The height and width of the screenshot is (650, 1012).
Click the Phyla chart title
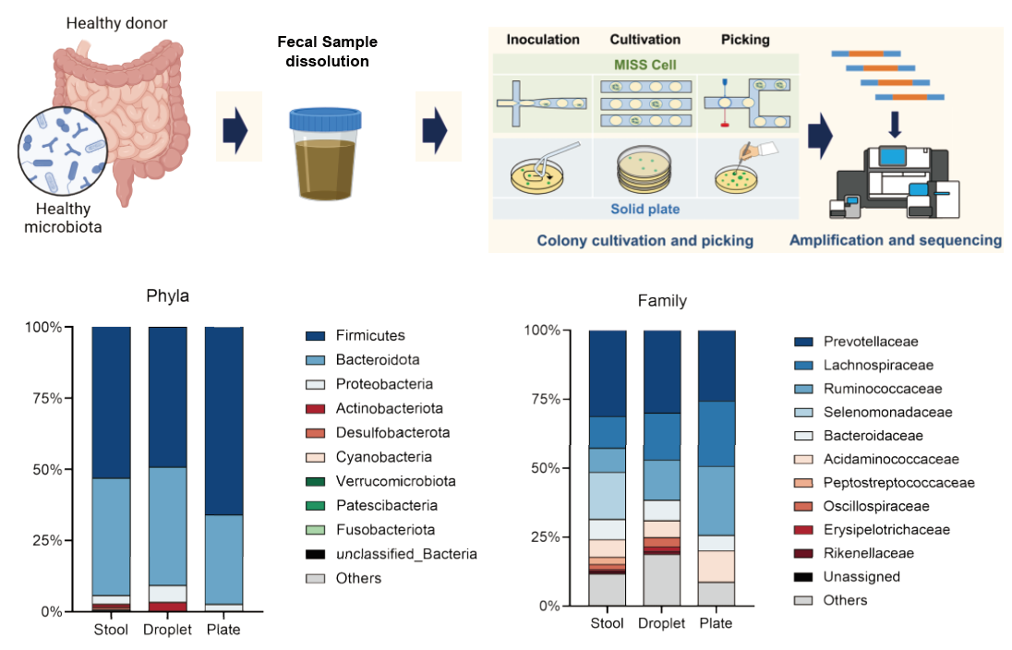(168, 297)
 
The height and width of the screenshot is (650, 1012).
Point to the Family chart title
(662, 301)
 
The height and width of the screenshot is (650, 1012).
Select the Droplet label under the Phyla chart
(167, 630)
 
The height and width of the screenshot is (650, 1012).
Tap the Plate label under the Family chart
(716, 623)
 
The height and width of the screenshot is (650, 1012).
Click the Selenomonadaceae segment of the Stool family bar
(608, 495)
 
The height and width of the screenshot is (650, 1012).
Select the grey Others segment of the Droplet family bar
(662, 579)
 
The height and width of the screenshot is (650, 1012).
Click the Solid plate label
(645, 209)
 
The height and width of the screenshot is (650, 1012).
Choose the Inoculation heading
(543, 40)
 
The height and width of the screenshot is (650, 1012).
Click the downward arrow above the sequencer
(893, 123)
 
